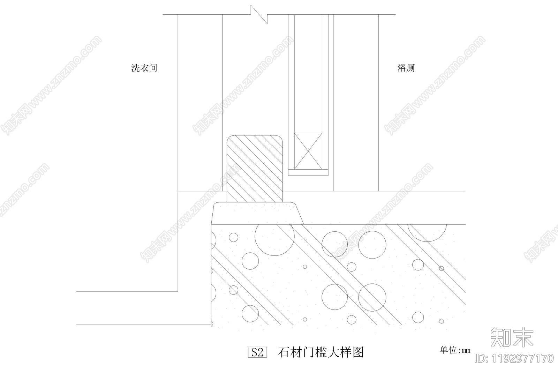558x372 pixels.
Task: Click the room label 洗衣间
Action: coord(144,68)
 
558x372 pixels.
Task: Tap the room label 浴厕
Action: coord(406,68)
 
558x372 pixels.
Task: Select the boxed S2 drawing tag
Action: coord(257,352)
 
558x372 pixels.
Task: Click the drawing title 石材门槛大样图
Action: coord(321,352)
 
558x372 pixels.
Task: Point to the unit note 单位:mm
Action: coord(455,350)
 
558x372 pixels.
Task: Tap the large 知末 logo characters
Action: coord(512,337)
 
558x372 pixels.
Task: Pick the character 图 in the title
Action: coord(358,352)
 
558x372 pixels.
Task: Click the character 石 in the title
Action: coord(284,352)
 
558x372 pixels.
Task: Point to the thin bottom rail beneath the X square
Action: coord(308,172)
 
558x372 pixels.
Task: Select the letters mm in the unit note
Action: coord(466,351)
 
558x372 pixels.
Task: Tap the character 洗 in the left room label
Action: coord(135,68)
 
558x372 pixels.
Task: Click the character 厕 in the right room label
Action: coord(410,68)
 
